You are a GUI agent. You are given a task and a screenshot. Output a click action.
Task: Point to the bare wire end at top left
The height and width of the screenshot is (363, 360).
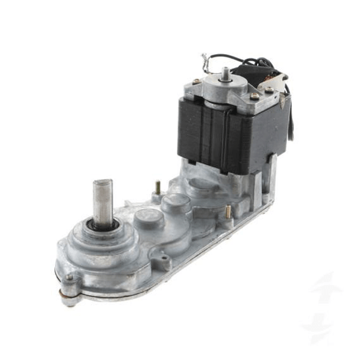[204, 57]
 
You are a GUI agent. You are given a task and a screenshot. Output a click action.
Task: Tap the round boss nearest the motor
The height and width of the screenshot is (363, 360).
[200, 186]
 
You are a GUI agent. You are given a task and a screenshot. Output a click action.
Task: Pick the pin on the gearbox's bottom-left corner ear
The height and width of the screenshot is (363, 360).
[72, 279]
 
